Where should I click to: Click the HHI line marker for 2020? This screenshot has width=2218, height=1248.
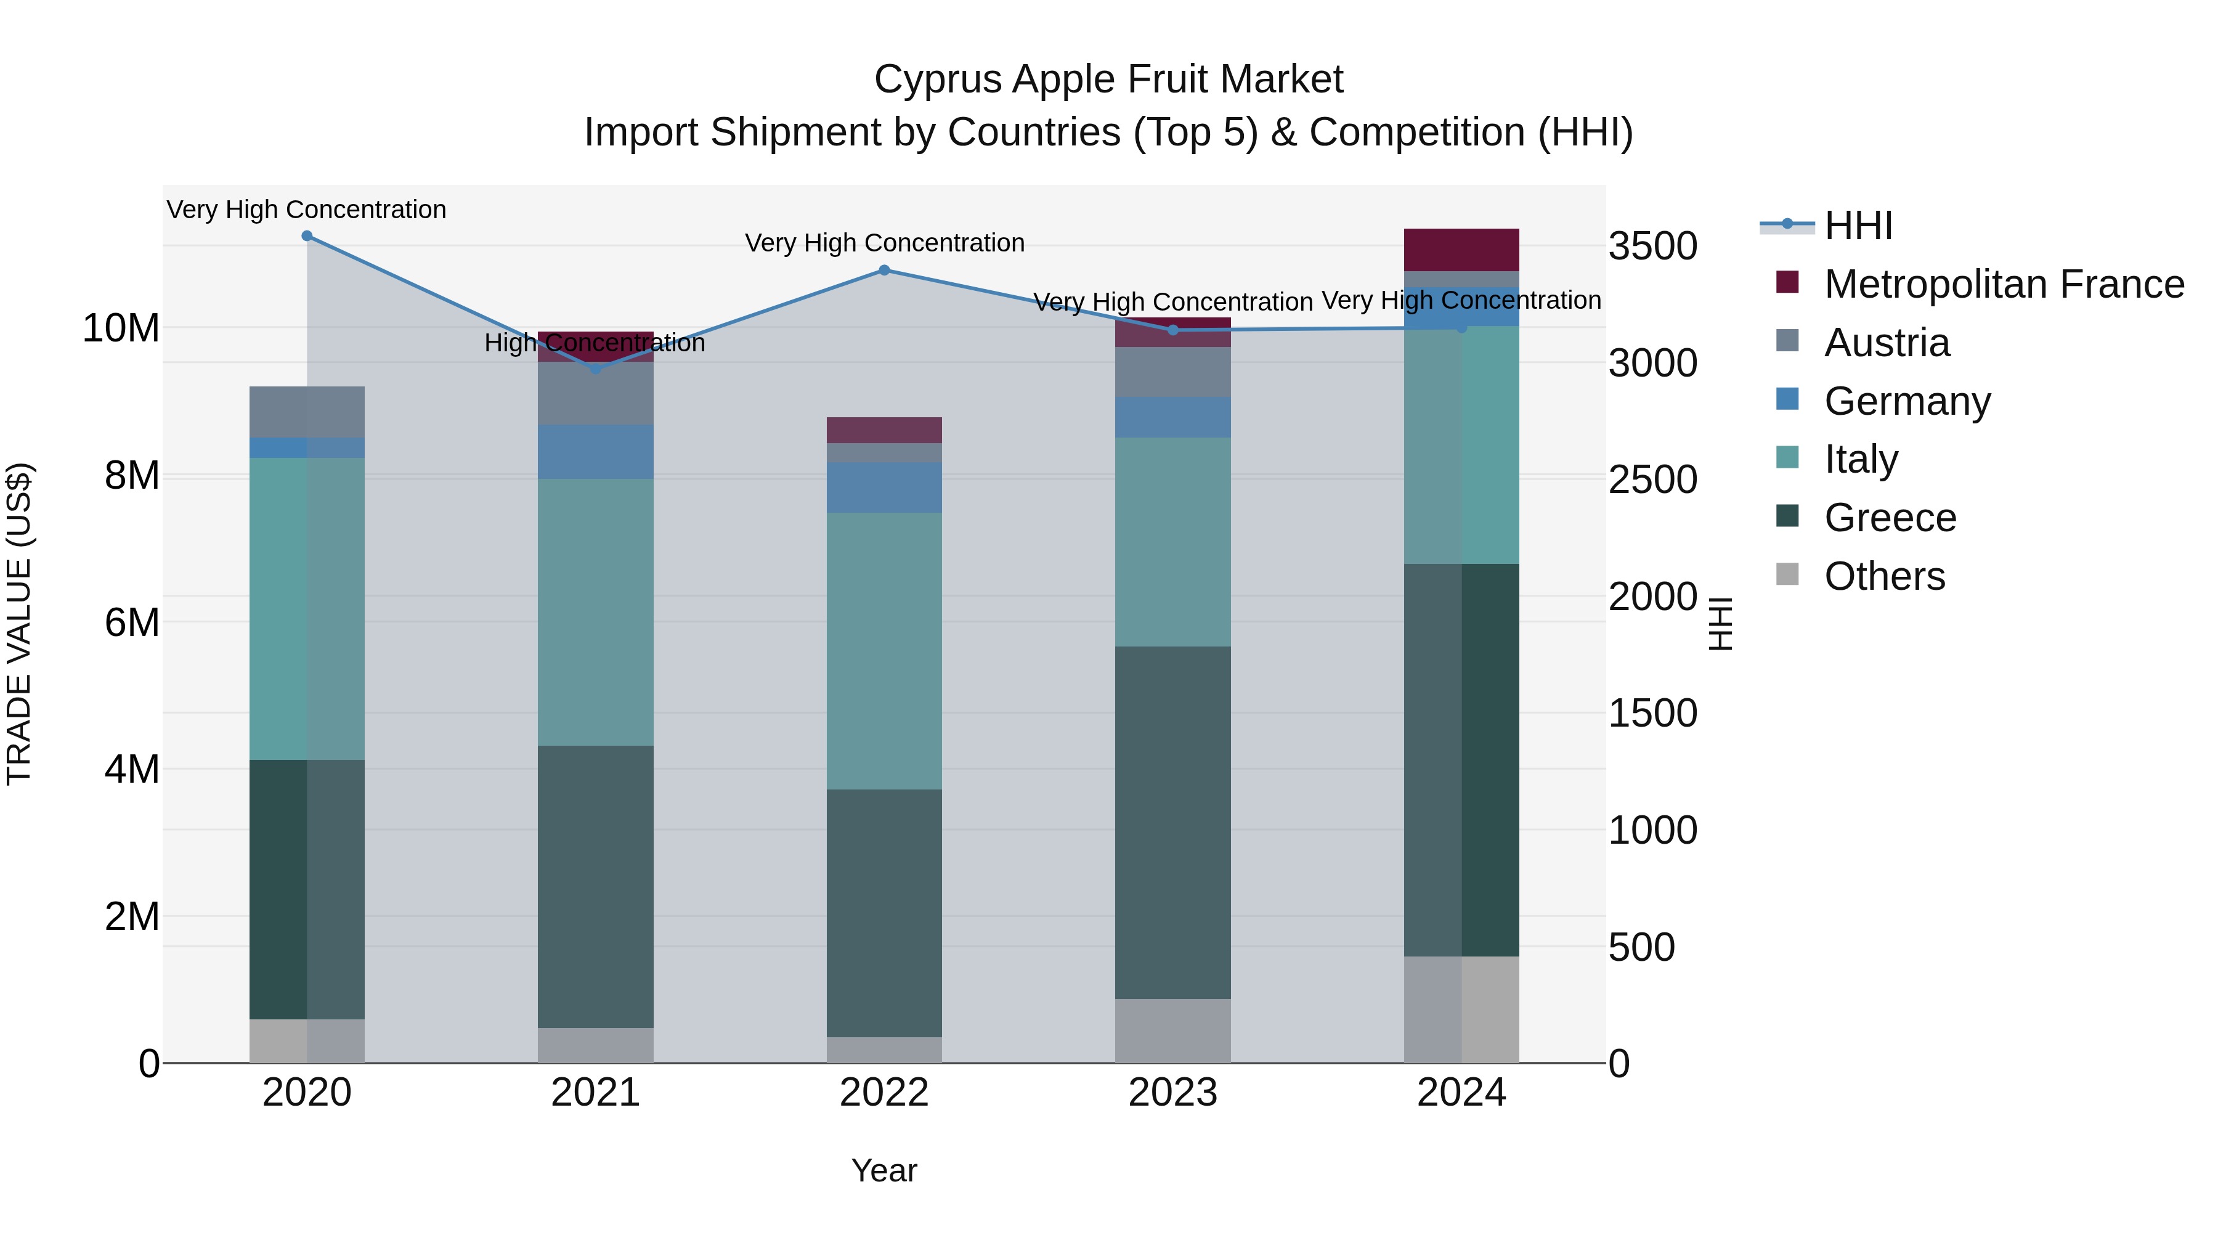pos(307,236)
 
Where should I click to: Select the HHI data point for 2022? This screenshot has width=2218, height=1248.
pos(884,271)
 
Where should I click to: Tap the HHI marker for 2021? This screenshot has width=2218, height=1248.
pos(595,369)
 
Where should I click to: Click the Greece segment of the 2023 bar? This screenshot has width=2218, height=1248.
pos(1172,823)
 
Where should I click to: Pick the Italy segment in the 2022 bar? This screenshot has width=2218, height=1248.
pos(884,651)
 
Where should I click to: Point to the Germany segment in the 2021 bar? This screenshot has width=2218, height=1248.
pos(595,451)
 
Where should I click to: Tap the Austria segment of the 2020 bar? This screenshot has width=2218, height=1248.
pos(307,412)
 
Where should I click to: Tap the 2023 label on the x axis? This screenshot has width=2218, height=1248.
pos(1172,1093)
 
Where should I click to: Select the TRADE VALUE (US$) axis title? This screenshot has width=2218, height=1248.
pos(19,624)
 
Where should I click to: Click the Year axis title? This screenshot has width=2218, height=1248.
pos(884,1170)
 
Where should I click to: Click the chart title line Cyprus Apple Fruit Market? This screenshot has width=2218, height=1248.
pos(1108,80)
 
